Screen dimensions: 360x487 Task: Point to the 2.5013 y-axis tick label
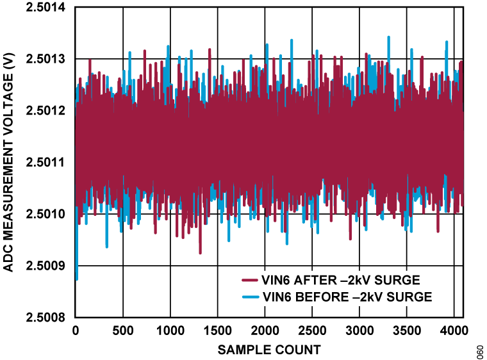pyautogui.click(x=44, y=59)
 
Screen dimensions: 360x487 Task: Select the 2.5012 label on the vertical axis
pyautogui.click(x=44, y=111)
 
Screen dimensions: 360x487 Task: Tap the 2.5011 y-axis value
pyautogui.click(x=44, y=163)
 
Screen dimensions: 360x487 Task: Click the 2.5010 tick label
pyautogui.click(x=44, y=214)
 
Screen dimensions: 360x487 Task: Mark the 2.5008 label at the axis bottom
pyautogui.click(x=44, y=317)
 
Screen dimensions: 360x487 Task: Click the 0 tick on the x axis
pyautogui.click(x=76, y=331)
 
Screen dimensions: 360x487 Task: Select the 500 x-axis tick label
pyautogui.click(x=123, y=331)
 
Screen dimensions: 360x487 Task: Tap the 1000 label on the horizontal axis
pyautogui.click(x=170, y=331)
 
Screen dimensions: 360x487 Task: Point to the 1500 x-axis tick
pyautogui.click(x=218, y=331)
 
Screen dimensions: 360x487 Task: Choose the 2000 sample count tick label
pyautogui.click(x=265, y=331)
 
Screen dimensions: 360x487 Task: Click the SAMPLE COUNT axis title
pyautogui.click(x=269, y=350)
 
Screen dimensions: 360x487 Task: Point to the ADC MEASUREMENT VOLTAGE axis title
pyautogui.click(x=9, y=163)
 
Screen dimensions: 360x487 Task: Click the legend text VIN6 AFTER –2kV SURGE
pyautogui.click(x=341, y=280)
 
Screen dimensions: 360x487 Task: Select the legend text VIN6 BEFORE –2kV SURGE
pyautogui.click(x=347, y=297)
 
